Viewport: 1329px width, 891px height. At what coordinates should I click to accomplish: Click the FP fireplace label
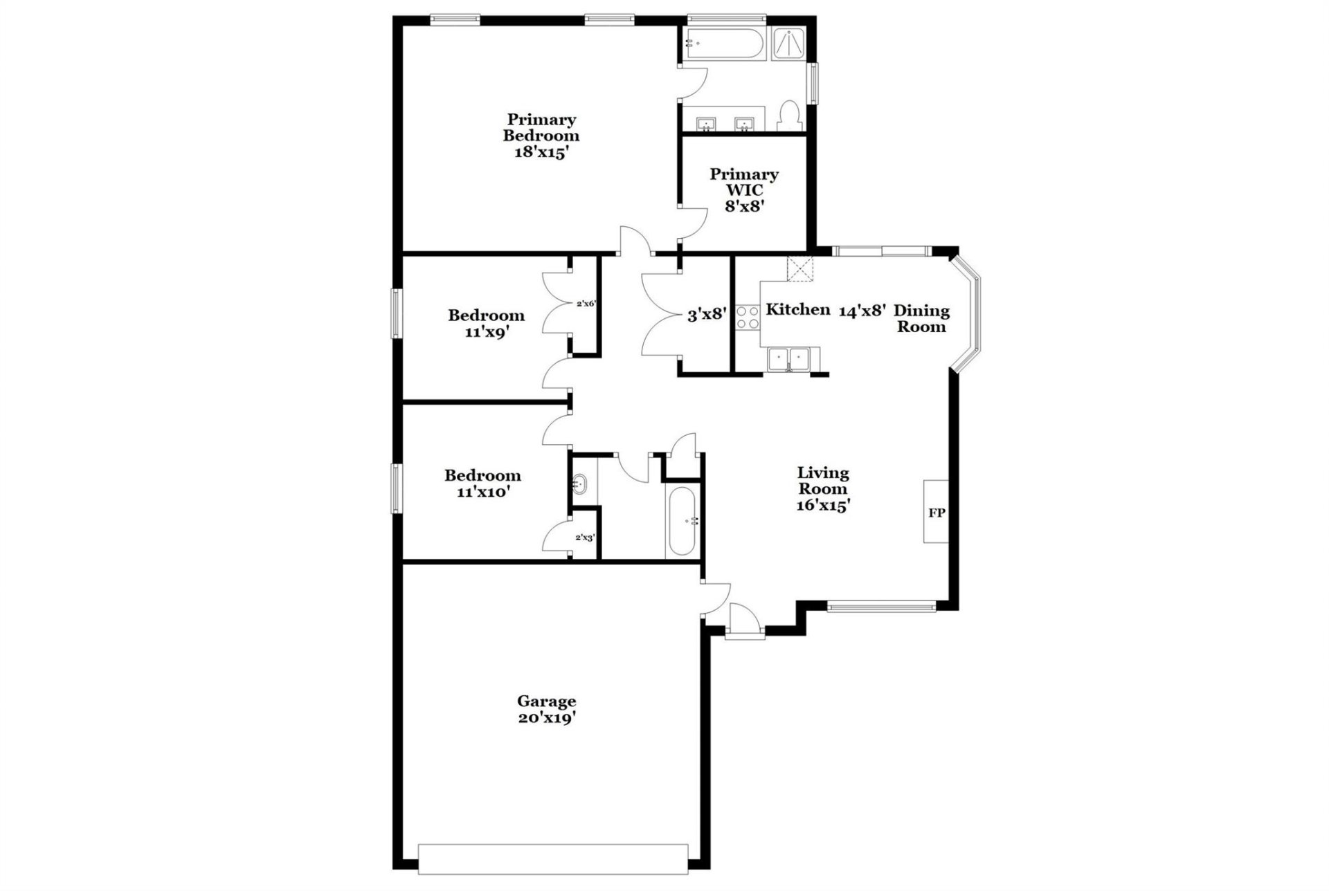(x=936, y=513)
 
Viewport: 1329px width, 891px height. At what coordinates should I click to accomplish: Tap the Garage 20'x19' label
(x=547, y=710)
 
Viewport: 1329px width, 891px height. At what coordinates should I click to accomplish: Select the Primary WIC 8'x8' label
(x=744, y=190)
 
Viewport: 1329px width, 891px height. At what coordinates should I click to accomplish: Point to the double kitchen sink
(x=789, y=360)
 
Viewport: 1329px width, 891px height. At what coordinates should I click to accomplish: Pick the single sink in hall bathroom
(x=579, y=484)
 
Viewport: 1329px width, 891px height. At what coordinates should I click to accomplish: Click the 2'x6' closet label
(x=586, y=303)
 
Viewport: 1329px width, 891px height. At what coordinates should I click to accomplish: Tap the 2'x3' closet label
(x=585, y=537)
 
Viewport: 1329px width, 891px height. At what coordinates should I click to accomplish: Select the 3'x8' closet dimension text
(x=706, y=315)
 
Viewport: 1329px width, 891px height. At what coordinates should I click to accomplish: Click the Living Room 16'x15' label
(x=823, y=489)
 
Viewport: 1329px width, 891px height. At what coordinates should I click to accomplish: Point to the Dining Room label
(x=921, y=318)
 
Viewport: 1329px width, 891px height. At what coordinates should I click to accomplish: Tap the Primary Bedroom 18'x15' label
(x=541, y=136)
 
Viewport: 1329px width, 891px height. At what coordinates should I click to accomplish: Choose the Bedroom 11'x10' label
(x=482, y=484)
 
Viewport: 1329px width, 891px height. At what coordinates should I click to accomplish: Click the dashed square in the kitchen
(x=800, y=270)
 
